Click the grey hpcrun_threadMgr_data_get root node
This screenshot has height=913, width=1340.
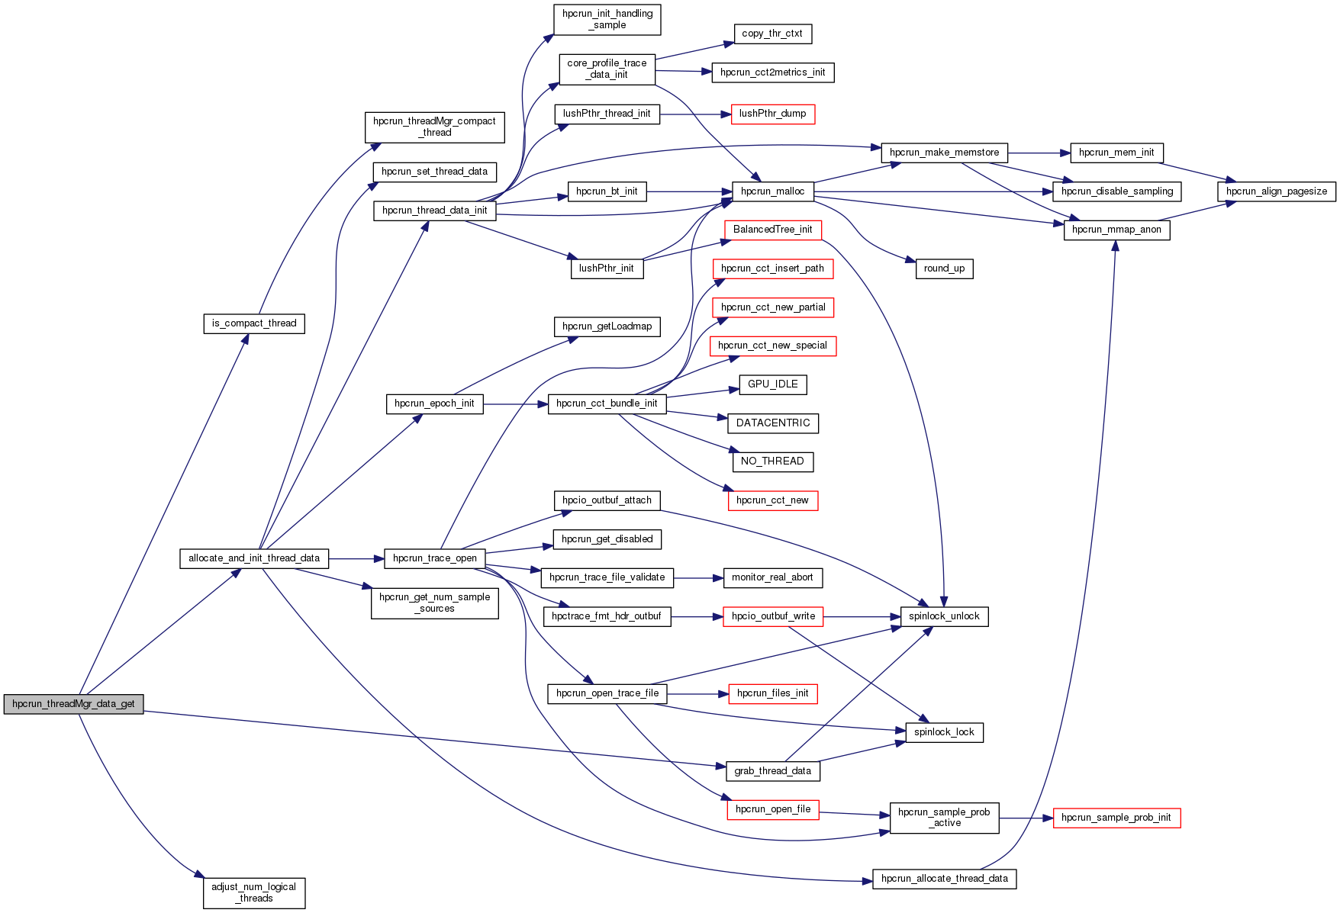73,704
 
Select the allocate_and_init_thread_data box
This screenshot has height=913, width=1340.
254,558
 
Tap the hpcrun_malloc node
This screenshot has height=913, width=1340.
772,191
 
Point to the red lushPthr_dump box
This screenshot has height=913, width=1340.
772,114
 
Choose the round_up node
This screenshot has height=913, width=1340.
944,268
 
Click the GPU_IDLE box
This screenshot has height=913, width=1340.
772,384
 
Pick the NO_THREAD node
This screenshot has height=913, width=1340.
772,461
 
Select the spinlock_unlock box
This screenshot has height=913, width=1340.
944,616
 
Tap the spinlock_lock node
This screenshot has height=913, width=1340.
944,732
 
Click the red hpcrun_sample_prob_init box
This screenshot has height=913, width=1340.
1116,818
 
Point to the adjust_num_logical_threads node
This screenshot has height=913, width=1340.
254,892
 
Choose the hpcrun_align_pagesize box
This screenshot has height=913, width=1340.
1276,191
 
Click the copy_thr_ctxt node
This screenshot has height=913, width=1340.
772,34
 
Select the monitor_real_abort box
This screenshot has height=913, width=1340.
772,577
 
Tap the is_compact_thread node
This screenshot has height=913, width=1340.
254,323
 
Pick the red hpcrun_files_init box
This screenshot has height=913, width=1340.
772,693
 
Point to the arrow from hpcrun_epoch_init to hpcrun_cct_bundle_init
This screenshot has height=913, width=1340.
515,404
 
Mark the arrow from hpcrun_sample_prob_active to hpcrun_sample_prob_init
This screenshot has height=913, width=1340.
1026,818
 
